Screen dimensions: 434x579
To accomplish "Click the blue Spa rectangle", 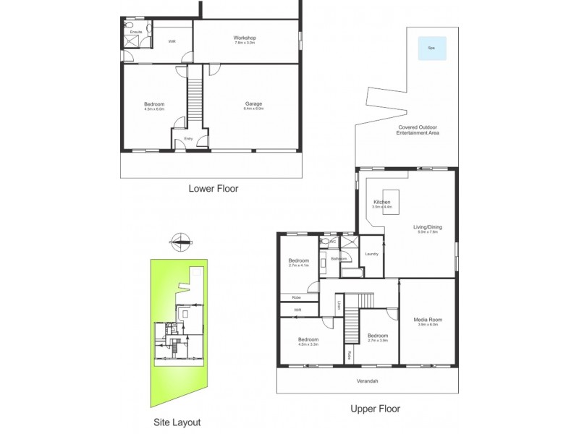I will coord(431,48).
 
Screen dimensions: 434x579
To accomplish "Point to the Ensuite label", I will coord(135,33).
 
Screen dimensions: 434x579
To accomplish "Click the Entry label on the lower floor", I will coord(188,139).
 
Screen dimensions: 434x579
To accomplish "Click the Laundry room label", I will coord(372,254).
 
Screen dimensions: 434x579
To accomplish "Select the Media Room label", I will coord(428,321).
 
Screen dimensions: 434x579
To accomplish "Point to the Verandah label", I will coord(367,380).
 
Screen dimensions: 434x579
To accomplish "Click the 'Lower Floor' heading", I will coord(214,189).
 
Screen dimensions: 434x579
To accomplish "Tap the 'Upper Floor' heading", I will coord(375,408).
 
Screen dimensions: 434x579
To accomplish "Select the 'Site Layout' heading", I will coord(177,422).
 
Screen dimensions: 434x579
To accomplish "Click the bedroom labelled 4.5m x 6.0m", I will coord(154,106).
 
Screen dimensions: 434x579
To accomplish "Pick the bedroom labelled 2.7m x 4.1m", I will coord(299,263).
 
